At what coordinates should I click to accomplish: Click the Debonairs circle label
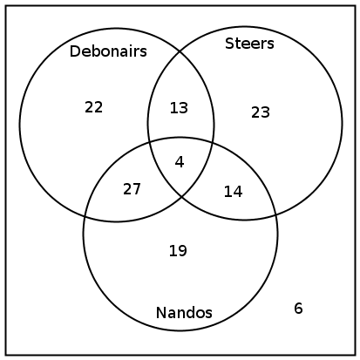[108, 51]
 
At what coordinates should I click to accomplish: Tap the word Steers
[249, 44]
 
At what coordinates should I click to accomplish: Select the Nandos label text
[184, 313]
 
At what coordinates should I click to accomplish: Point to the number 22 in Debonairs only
[93, 107]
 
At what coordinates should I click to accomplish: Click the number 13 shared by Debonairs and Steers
[179, 108]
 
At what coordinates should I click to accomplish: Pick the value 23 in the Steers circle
[261, 112]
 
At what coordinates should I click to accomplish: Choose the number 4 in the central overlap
[180, 162]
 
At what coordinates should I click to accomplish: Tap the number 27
[132, 189]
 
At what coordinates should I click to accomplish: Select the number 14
[233, 192]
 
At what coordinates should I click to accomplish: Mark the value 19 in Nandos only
[178, 250]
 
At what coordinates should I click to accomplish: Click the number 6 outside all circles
[298, 308]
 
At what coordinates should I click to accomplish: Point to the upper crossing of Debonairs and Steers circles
[180, 52]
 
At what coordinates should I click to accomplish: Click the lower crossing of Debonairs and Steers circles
[182, 197]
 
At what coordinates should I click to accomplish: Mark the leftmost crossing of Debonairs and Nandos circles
[85, 216]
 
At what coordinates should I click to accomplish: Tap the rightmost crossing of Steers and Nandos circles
[275, 215]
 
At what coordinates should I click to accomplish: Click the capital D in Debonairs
[74, 51]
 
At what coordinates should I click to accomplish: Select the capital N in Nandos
[160, 313]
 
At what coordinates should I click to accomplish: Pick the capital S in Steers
[229, 44]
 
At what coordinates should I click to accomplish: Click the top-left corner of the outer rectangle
[6, 6]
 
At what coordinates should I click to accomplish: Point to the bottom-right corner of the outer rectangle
[355, 355]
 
